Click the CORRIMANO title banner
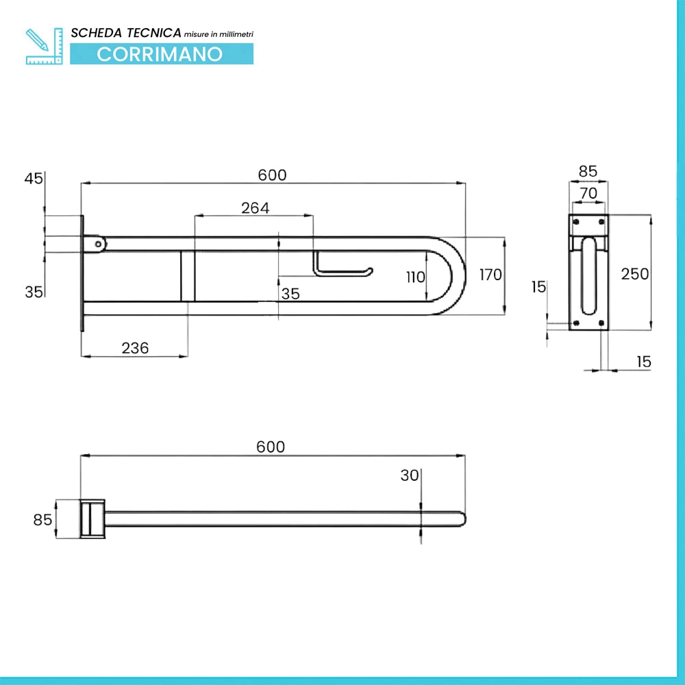coord(162,54)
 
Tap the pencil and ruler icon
coord(44,47)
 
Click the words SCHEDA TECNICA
coord(126,33)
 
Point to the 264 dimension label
coord(255,208)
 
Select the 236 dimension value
coord(135,348)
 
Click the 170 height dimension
coord(490,275)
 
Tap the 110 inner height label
coord(416,277)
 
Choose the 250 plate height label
coord(635,274)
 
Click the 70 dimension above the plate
coord(588,193)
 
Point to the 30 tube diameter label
coord(410,475)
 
